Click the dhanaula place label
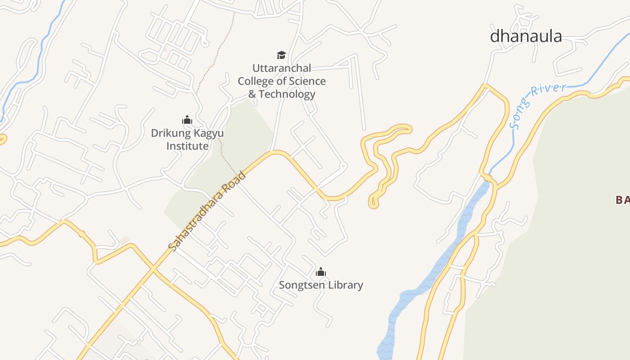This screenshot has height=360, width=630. pyautogui.click(x=526, y=36)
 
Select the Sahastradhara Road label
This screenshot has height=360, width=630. pyautogui.click(x=207, y=210)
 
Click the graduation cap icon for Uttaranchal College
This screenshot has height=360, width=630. pyautogui.click(x=281, y=55)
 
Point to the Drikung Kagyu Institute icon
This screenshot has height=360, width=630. pyautogui.click(x=187, y=120)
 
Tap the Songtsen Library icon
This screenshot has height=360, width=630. pyautogui.click(x=321, y=272)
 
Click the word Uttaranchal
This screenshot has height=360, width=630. pyautogui.click(x=282, y=68)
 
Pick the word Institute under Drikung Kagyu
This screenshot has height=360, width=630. pyautogui.click(x=187, y=146)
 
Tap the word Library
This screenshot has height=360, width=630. pyautogui.click(x=346, y=285)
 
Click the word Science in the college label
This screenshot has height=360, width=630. pyautogui.click(x=307, y=81)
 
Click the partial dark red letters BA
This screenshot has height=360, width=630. pyautogui.click(x=623, y=200)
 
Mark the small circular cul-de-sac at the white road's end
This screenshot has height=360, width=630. pyautogui.click(x=343, y=166)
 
